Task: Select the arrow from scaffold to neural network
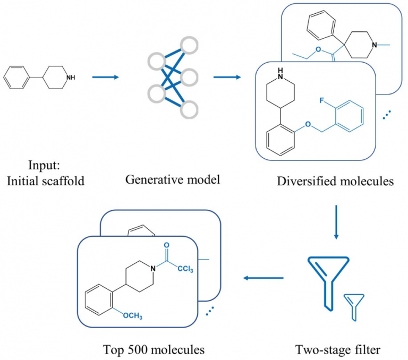(105, 78)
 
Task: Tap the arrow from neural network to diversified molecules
(226, 78)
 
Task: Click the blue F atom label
(322, 100)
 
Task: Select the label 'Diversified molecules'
(335, 182)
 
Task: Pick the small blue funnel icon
(353, 307)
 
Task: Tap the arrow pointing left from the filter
(263, 278)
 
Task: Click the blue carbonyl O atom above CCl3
(167, 245)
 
